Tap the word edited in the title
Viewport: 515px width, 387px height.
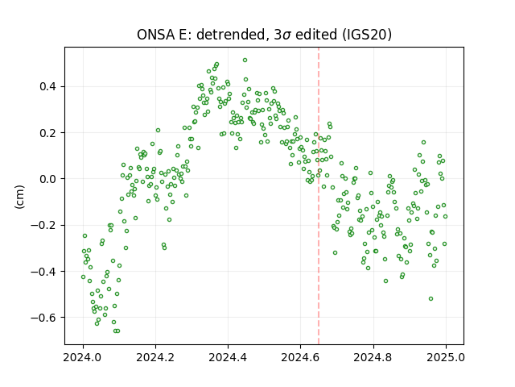tap(316, 35)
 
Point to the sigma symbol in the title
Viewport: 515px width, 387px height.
tap(286, 35)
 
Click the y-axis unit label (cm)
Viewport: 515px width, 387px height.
tap(19, 197)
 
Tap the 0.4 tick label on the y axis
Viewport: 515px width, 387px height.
tap(48, 86)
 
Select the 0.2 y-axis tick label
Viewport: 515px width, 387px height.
tap(48, 133)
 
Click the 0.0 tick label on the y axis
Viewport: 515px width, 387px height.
tap(48, 179)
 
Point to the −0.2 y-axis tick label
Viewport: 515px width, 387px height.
tap(43, 225)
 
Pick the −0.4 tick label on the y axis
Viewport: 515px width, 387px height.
tap(43, 272)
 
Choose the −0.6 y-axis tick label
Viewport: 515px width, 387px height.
tap(43, 318)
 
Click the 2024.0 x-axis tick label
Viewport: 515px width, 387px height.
tap(83, 357)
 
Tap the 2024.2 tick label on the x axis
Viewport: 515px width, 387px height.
tap(155, 357)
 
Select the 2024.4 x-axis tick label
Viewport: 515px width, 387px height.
tap(228, 357)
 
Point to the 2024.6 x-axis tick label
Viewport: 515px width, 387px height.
tap(300, 357)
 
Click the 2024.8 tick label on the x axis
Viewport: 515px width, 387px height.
tap(373, 357)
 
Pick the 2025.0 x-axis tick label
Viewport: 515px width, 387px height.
tap(446, 357)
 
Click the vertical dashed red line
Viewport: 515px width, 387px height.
tap(319, 196)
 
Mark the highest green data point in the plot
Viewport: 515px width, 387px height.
tap(245, 60)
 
